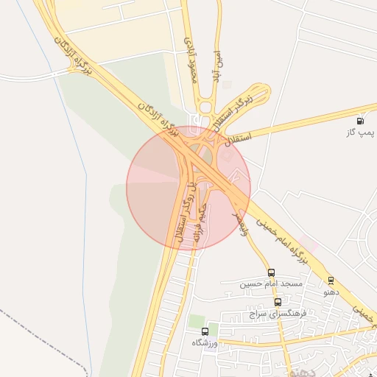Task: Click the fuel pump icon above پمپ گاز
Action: (359, 121)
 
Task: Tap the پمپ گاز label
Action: (361, 133)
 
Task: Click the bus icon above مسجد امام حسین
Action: (271, 273)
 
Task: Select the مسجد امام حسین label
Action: (270, 284)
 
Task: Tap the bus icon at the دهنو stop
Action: (331, 281)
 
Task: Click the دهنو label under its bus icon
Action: (331, 292)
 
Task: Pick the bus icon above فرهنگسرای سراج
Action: (278, 302)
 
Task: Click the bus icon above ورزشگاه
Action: (205, 331)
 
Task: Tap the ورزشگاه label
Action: (206, 343)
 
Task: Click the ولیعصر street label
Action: (240, 222)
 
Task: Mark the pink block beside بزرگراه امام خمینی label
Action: (309, 242)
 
